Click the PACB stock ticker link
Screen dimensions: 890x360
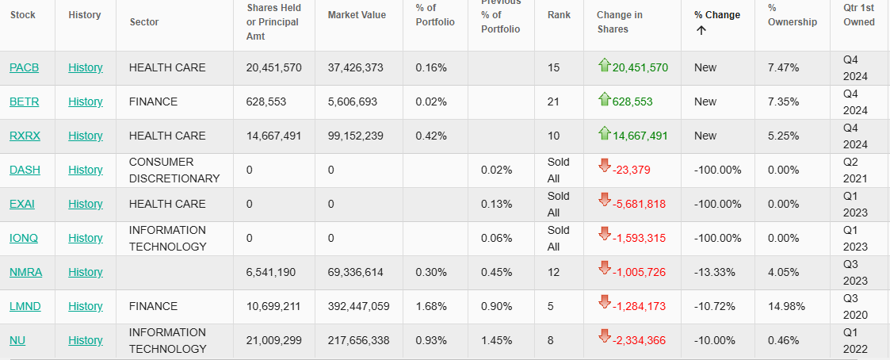tap(25, 67)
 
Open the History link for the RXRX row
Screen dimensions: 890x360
tap(86, 136)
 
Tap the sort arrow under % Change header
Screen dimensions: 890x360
tap(701, 31)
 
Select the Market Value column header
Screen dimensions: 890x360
tap(357, 15)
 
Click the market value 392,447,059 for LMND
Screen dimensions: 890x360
tap(359, 306)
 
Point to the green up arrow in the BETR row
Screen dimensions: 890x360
tap(605, 100)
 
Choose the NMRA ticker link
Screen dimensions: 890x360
tap(26, 272)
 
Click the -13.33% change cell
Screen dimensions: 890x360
tap(715, 272)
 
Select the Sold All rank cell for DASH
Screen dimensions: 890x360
tap(559, 170)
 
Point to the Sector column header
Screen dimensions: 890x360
tap(144, 22)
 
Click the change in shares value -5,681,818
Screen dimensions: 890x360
tap(639, 204)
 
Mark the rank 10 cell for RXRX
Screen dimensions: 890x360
tap(553, 136)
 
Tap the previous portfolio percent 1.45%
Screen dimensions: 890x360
tap(497, 340)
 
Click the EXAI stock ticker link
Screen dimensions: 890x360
tap(22, 204)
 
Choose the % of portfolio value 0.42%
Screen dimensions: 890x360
tap(431, 136)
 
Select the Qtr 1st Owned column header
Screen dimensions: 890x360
tap(859, 15)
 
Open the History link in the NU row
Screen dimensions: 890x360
tap(86, 340)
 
